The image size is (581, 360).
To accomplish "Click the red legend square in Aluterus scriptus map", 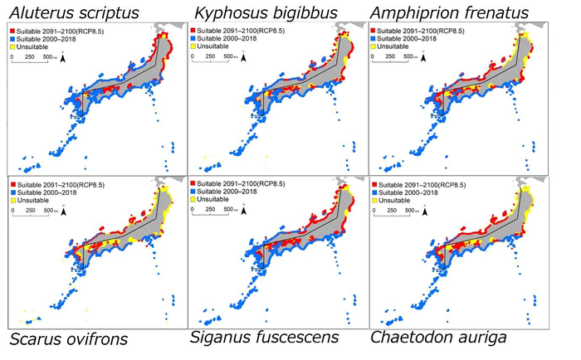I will pyautogui.click(x=12, y=31).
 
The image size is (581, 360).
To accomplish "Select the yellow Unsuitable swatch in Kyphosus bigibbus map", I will pyautogui.click(x=195, y=47).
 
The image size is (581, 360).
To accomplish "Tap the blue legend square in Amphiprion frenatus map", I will pyautogui.click(x=375, y=39).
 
